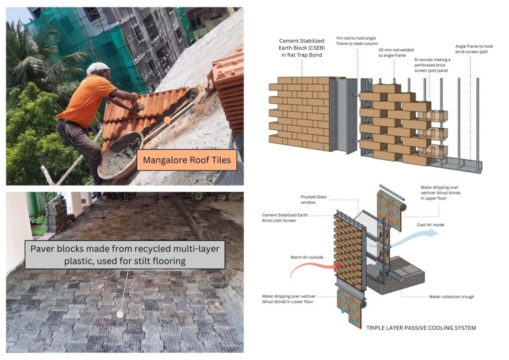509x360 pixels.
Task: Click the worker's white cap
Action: click(98, 68)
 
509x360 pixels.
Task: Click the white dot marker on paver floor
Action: click(119, 314)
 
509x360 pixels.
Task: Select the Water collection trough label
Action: click(451, 297)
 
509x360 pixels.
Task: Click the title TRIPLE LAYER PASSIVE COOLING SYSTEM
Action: click(421, 328)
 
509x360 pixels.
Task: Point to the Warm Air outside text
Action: click(308, 258)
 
